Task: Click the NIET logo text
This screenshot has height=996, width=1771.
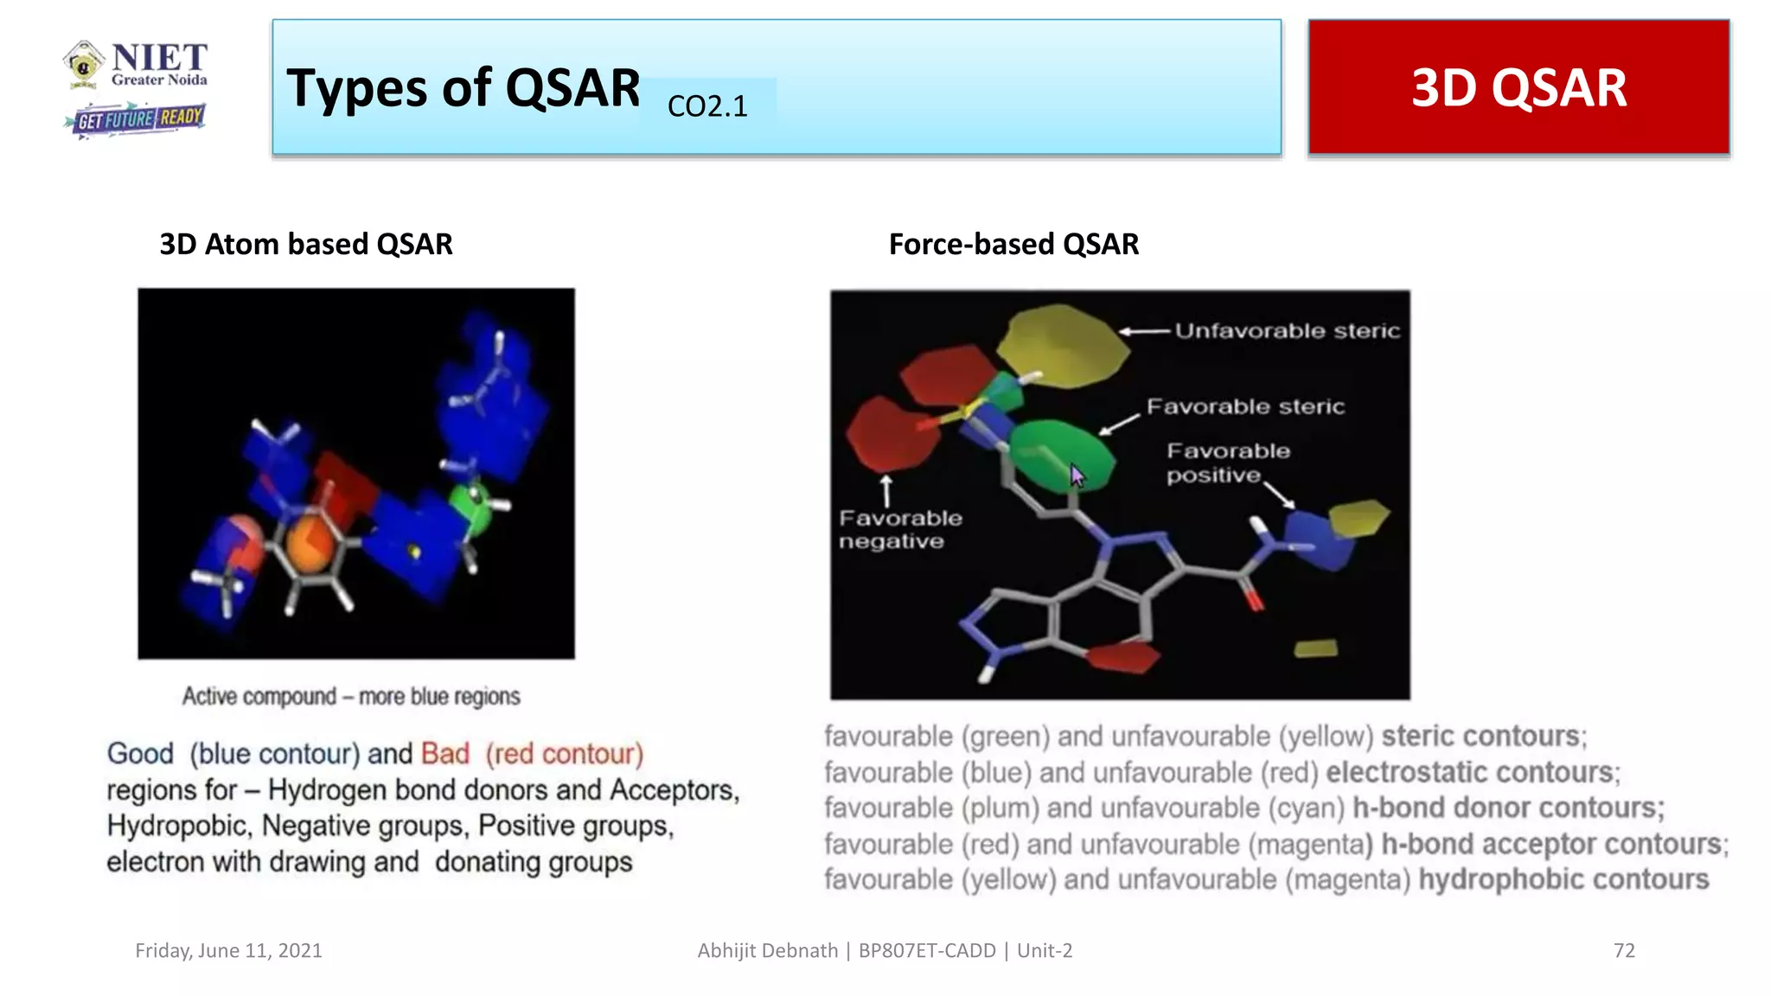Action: point(158,59)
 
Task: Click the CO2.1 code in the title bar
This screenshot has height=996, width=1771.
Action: point(706,106)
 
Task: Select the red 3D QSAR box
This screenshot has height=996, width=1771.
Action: point(1518,87)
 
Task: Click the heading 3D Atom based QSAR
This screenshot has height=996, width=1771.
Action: point(306,245)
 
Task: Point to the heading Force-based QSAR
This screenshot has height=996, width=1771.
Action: point(1013,245)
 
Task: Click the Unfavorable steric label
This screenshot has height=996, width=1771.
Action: point(1286,331)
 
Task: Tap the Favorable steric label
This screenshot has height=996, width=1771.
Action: point(1245,406)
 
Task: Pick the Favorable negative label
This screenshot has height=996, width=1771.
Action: point(899,529)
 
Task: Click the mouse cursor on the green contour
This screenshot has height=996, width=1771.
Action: point(1077,475)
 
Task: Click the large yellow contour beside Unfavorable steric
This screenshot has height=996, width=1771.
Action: point(1062,344)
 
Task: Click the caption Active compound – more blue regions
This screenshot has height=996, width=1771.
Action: point(351,696)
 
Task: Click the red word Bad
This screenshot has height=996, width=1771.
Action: point(444,754)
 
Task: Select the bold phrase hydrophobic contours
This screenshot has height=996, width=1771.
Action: point(1563,879)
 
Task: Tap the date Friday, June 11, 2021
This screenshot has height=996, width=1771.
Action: point(228,950)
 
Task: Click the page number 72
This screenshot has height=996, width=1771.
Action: point(1623,950)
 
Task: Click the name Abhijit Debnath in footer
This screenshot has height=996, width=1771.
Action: point(767,950)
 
